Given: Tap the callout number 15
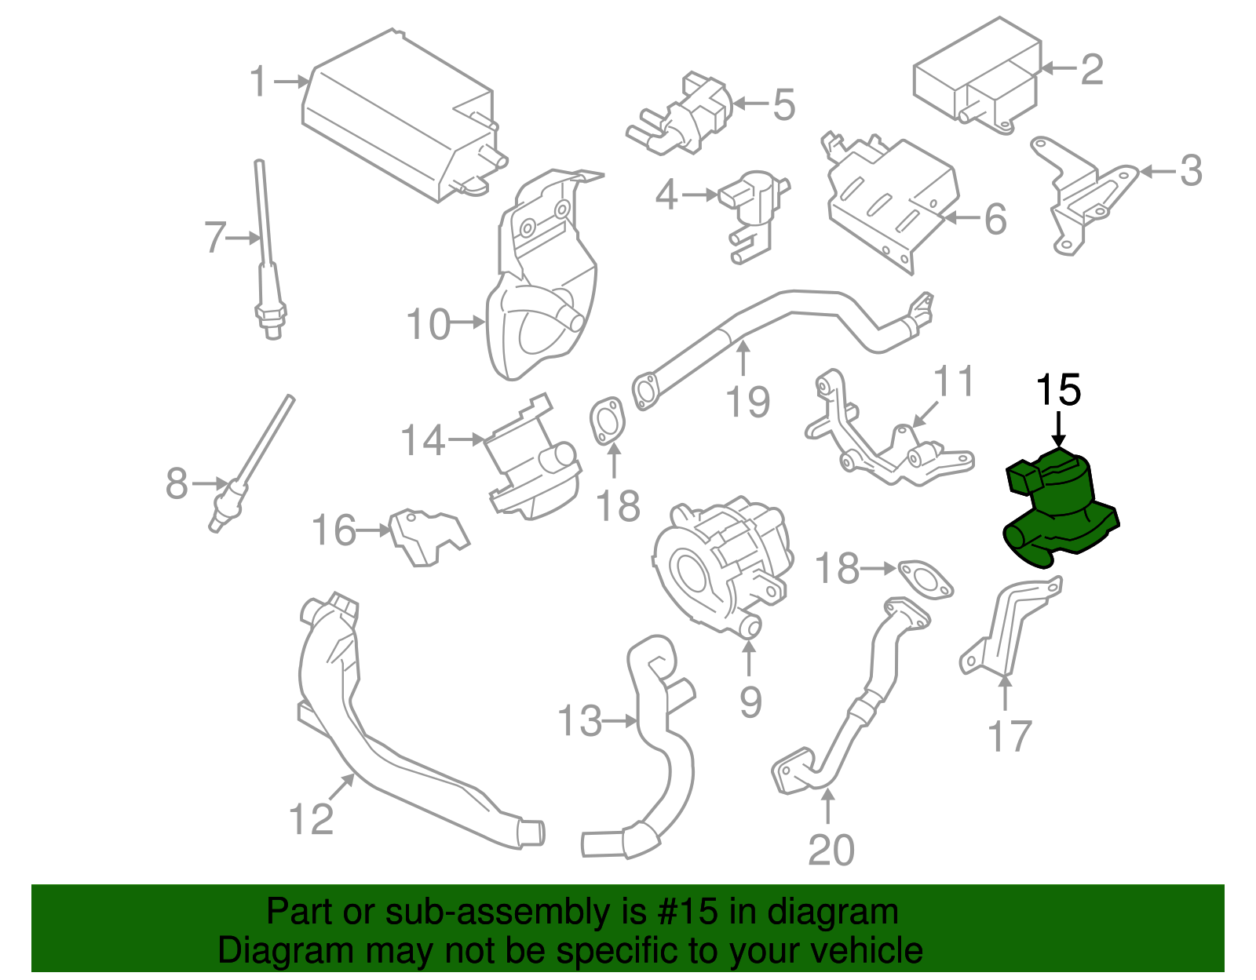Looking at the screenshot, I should pyautogui.click(x=1058, y=390).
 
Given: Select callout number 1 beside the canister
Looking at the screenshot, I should pyautogui.click(x=259, y=82).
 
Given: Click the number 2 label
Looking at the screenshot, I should pyautogui.click(x=1092, y=70).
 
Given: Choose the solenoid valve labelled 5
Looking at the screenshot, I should pyautogui.click(x=687, y=118).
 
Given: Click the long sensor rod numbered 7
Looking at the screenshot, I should pyautogui.click(x=265, y=235).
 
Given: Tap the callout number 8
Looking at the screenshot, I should pyautogui.click(x=177, y=483).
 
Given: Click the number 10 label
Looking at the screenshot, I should pyautogui.click(x=428, y=324).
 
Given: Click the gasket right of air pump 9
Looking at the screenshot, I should pyautogui.click(x=926, y=581).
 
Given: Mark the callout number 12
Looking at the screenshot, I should pyautogui.click(x=312, y=819).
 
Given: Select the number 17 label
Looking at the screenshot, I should pyautogui.click(x=1009, y=737).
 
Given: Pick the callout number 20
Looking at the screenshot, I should pyautogui.click(x=831, y=850).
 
